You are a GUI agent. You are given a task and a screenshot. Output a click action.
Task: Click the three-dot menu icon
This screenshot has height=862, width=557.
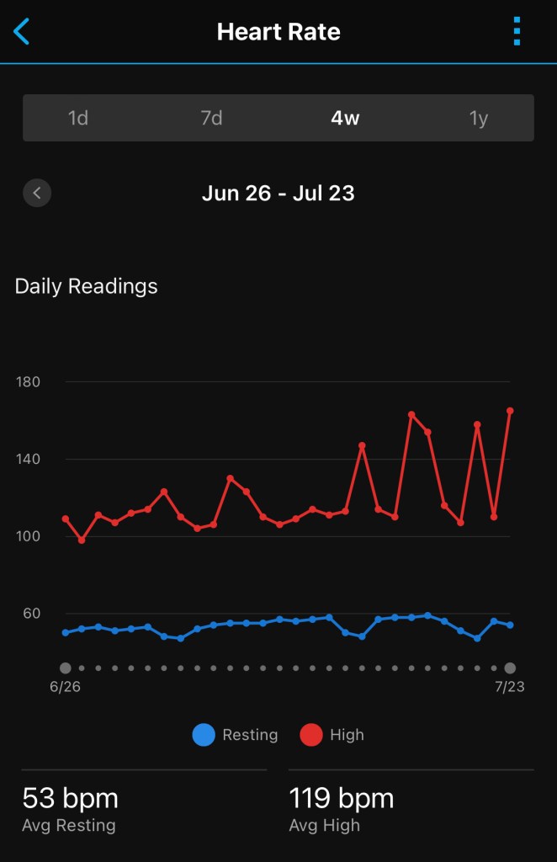click(x=517, y=32)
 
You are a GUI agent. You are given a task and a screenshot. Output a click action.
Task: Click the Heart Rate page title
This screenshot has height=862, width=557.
click(x=278, y=32)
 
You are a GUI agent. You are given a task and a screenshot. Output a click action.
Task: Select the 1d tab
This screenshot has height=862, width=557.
click(x=78, y=118)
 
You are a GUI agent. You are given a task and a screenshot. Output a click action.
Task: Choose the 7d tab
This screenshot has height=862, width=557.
click(x=211, y=118)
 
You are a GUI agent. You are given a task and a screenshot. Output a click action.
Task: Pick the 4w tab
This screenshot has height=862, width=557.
click(x=345, y=118)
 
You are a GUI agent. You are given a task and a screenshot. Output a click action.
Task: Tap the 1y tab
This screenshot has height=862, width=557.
click(x=478, y=118)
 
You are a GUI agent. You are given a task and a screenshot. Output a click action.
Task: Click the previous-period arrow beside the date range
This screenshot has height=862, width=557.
click(x=37, y=193)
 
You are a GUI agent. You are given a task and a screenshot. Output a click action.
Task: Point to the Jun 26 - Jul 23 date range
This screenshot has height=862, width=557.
click(x=278, y=193)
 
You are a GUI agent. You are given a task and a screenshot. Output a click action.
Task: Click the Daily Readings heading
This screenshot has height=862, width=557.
click(x=86, y=286)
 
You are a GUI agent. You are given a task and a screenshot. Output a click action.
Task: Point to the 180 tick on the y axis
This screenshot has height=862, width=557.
click(x=28, y=382)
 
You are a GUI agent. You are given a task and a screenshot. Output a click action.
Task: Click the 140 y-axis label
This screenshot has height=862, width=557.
click(x=28, y=460)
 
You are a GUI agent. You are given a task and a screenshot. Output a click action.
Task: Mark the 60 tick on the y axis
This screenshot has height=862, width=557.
click(x=31, y=614)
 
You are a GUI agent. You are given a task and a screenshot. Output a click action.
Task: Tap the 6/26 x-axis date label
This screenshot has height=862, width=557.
click(x=65, y=686)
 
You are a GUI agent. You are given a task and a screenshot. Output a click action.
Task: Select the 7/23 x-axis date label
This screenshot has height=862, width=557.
click(x=509, y=686)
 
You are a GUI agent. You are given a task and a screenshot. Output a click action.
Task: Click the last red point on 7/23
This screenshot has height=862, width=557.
click(x=510, y=411)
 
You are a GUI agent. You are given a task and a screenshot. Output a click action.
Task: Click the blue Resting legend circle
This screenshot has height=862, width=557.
click(x=204, y=735)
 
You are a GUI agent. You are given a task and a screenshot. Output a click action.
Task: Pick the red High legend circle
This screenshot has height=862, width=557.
click(x=311, y=735)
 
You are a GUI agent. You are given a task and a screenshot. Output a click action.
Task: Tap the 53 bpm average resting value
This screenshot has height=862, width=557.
click(x=70, y=798)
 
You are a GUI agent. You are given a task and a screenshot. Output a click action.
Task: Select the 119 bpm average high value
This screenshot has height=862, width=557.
click(x=341, y=798)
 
